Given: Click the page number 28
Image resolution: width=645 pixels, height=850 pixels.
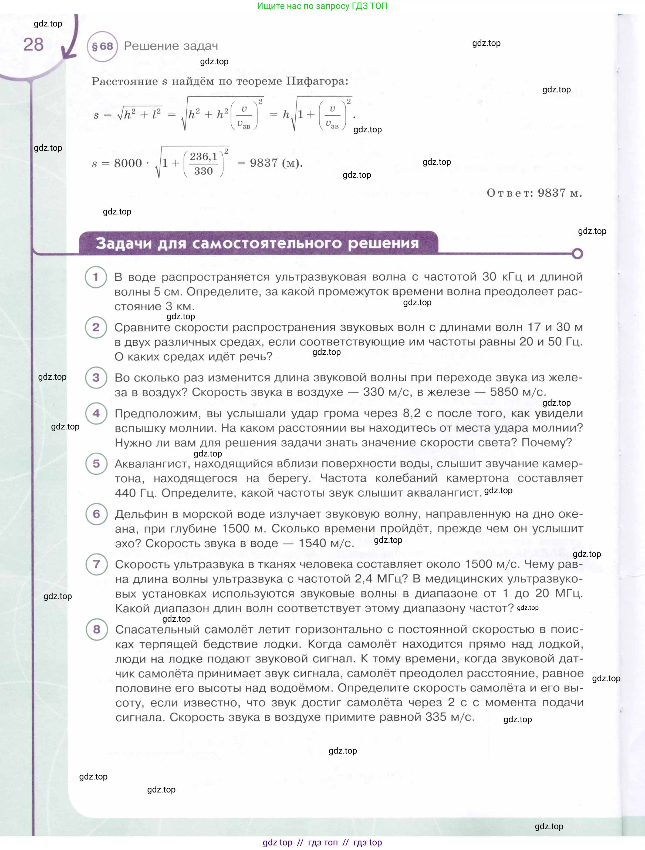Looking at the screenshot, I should click(33, 45).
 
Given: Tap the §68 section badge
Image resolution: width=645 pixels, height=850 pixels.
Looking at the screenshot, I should click(102, 46).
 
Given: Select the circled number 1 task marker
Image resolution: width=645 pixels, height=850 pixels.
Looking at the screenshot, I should click(96, 277).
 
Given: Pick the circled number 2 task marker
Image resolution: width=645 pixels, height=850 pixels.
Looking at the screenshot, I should click(96, 327).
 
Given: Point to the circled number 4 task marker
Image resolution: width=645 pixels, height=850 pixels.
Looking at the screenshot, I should click(96, 414).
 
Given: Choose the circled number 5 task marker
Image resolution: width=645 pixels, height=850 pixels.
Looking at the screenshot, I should click(96, 464).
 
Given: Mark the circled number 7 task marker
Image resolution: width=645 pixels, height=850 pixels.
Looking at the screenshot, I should click(96, 565).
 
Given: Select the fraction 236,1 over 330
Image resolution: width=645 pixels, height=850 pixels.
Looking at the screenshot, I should click(204, 164).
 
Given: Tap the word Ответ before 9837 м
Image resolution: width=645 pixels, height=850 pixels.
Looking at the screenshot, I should click(509, 193).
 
